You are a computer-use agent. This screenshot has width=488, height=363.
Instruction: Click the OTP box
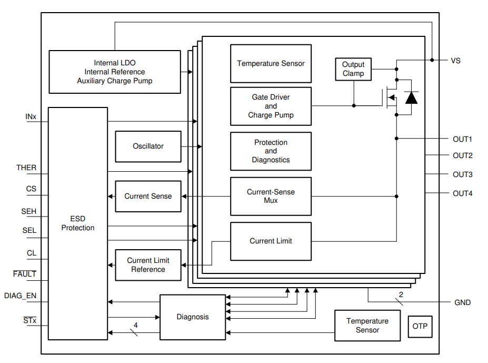click(x=420, y=326)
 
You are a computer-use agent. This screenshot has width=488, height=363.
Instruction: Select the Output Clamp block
click(x=353, y=69)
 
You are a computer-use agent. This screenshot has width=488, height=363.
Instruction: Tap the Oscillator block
click(x=148, y=146)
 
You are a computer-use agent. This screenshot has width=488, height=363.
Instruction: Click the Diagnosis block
click(x=192, y=317)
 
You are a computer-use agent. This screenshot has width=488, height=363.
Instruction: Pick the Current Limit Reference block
click(x=148, y=265)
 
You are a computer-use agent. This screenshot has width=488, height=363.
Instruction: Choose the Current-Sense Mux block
click(x=271, y=196)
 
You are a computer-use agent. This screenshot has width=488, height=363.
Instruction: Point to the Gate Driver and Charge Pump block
click(x=271, y=106)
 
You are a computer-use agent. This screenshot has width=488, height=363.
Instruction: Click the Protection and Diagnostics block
click(x=271, y=151)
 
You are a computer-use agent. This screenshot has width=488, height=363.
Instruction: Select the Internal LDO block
click(x=114, y=72)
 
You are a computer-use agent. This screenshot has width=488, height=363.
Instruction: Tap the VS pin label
click(x=455, y=61)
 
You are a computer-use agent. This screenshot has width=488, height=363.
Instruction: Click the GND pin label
click(x=462, y=302)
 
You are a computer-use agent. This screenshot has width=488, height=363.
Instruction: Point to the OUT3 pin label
click(x=462, y=174)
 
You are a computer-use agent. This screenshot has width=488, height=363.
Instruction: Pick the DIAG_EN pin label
click(x=20, y=296)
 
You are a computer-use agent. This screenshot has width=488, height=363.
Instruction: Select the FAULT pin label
click(x=25, y=274)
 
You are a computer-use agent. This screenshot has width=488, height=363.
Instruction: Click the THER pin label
click(x=26, y=168)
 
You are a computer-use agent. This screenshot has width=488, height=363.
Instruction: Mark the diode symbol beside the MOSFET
click(x=411, y=97)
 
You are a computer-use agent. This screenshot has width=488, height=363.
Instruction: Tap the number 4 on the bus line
click(x=135, y=326)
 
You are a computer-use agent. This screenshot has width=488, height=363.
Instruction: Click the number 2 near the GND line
click(x=401, y=295)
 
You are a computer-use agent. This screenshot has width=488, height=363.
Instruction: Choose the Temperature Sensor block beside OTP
click(x=367, y=326)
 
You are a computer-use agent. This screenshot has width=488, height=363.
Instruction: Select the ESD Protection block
click(x=78, y=223)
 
